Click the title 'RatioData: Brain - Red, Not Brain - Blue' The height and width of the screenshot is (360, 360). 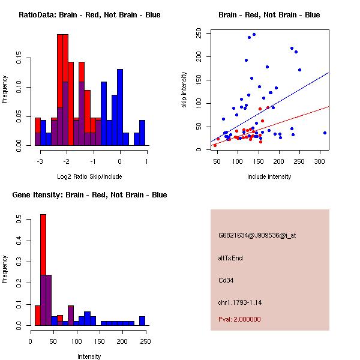click(x=89, y=15)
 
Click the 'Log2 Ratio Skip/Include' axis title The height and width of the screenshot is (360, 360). click(x=89, y=176)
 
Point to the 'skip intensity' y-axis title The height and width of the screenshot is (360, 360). click(x=185, y=90)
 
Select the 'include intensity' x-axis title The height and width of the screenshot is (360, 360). click(x=269, y=176)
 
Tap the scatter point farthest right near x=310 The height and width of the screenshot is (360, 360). click(x=325, y=133)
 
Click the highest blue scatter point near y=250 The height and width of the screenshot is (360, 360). click(x=254, y=34)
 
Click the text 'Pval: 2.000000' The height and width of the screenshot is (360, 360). click(x=239, y=319)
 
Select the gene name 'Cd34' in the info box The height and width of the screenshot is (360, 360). click(x=226, y=280)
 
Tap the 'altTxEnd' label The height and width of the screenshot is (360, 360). click(x=230, y=258)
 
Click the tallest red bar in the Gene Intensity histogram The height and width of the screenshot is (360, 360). click(x=43, y=269)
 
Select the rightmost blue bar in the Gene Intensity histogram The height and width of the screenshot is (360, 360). click(x=142, y=320)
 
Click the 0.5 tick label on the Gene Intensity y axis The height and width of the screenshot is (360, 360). click(x=19, y=220)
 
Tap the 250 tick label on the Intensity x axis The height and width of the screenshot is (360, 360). click(x=145, y=342)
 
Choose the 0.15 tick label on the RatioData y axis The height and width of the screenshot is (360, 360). click(x=19, y=60)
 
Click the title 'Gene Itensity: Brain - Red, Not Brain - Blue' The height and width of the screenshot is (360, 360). click(x=89, y=195)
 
